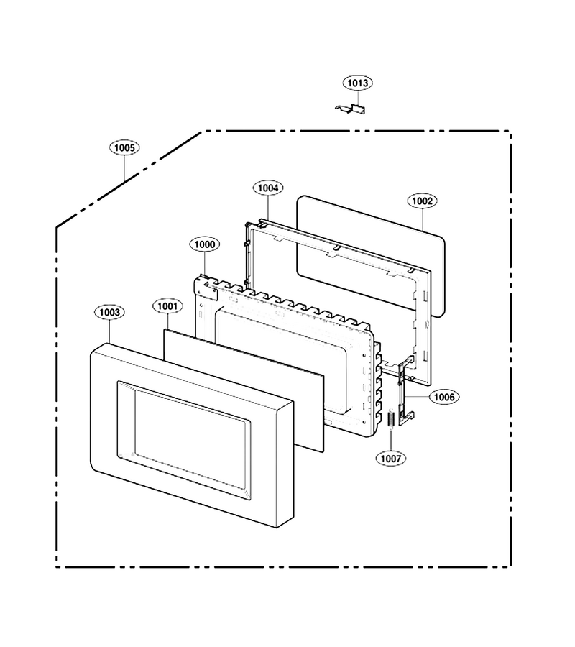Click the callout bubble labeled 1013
click(x=358, y=83)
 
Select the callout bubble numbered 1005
click(x=124, y=147)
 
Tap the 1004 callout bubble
click(x=268, y=188)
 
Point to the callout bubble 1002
click(x=422, y=201)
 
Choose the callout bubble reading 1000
click(x=205, y=244)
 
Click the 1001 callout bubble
click(x=167, y=306)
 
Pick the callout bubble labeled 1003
click(x=109, y=313)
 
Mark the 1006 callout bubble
click(x=444, y=397)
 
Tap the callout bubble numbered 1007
click(x=390, y=459)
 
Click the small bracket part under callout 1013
click(x=351, y=109)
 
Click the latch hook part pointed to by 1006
click(x=406, y=389)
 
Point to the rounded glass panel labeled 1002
click(x=370, y=256)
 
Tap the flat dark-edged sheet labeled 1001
click(x=244, y=390)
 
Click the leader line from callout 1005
click(x=124, y=168)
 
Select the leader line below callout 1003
click(x=109, y=331)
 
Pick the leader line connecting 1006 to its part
click(x=418, y=397)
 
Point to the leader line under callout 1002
click(x=423, y=219)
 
